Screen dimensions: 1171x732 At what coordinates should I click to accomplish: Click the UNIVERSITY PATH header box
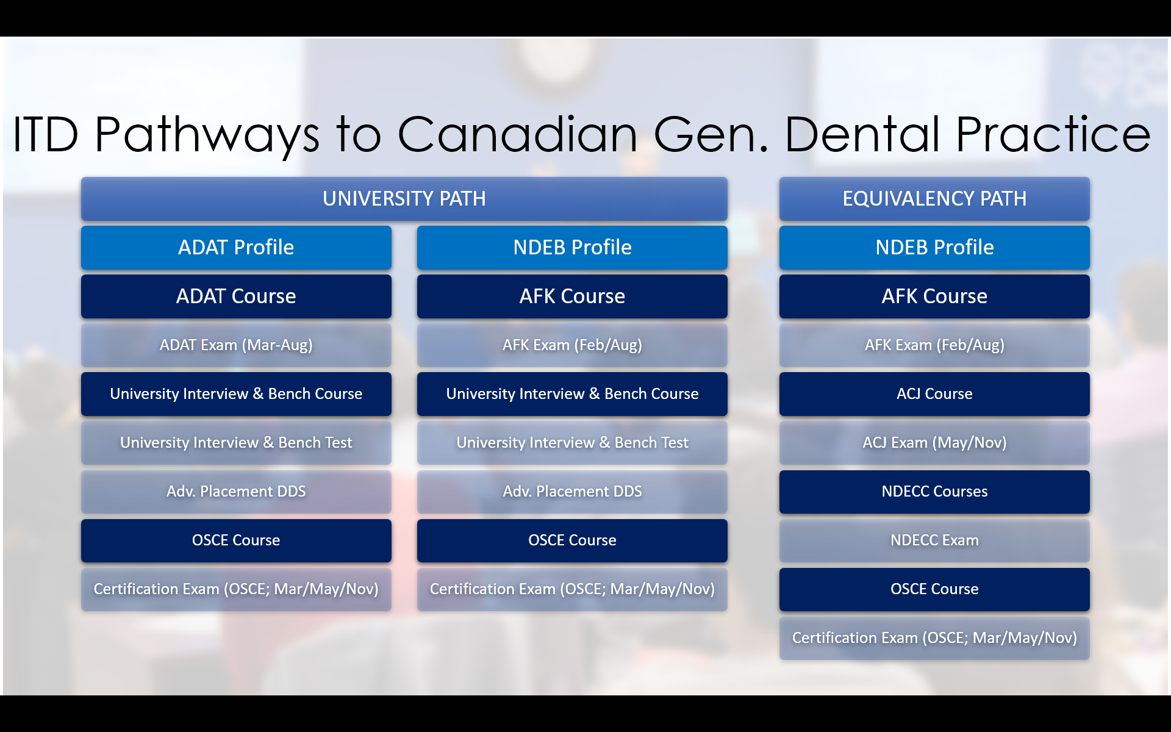pyautogui.click(x=404, y=199)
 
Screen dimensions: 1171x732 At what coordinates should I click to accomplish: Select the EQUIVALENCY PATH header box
pyautogui.click(x=934, y=199)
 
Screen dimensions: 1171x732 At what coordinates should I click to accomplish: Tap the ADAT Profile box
pyautogui.click(x=236, y=248)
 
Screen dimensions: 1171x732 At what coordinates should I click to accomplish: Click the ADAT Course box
pyautogui.click(x=236, y=296)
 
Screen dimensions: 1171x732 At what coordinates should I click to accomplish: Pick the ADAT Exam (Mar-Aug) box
pyautogui.click(x=236, y=345)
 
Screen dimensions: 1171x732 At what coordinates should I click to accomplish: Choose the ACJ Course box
pyautogui.click(x=934, y=394)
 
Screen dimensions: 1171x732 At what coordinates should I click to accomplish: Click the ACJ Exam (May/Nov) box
pyautogui.click(x=934, y=443)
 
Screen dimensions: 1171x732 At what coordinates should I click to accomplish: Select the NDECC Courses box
pyautogui.click(x=934, y=492)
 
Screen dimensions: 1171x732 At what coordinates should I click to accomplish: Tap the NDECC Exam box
pyautogui.click(x=934, y=540)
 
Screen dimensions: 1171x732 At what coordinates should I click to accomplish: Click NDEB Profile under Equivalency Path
pyautogui.click(x=934, y=248)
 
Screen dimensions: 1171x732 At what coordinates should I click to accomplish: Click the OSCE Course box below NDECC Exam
pyautogui.click(x=934, y=589)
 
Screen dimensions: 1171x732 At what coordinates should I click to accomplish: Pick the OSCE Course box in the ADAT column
pyautogui.click(x=236, y=540)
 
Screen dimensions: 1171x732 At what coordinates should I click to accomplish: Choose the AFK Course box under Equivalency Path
pyautogui.click(x=934, y=296)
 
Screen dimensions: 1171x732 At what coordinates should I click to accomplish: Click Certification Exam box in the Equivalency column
pyautogui.click(x=934, y=638)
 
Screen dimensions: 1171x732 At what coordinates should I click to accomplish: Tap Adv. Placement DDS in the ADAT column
pyautogui.click(x=236, y=492)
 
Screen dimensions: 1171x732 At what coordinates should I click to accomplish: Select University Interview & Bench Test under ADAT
pyautogui.click(x=236, y=443)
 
